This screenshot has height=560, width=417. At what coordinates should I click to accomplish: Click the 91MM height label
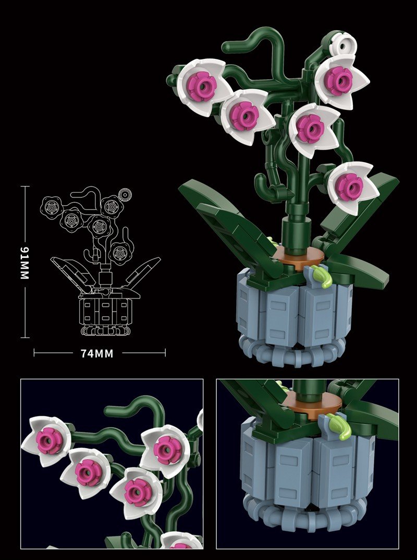coord(24,263)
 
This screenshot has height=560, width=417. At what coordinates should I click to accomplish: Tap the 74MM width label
coord(97,354)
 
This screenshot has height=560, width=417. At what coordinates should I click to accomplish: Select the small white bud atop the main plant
coord(344,45)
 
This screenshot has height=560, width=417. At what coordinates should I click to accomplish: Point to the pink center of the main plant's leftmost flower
coord(202,86)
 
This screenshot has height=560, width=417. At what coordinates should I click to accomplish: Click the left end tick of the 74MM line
coord(34,353)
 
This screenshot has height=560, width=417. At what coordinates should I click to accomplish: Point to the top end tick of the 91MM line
coord(24,186)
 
